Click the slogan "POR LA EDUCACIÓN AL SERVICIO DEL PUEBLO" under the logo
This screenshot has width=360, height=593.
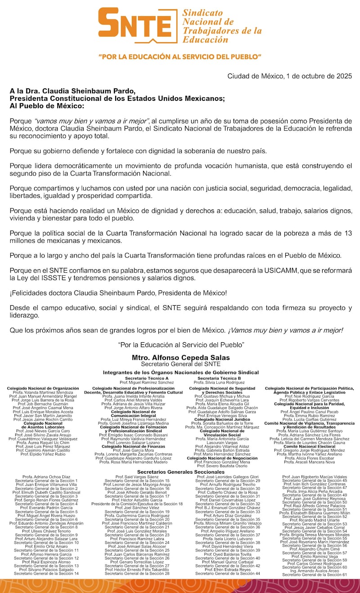180,57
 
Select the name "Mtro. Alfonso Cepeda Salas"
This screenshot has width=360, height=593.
180,358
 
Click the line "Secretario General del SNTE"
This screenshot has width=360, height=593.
180,364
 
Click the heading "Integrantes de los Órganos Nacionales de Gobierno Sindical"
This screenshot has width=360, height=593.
180,372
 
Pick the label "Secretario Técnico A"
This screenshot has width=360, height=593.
147,378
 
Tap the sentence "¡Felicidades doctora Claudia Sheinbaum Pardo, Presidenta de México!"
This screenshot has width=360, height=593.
118,293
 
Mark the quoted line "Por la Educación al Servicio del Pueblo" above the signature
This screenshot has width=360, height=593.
180,344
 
